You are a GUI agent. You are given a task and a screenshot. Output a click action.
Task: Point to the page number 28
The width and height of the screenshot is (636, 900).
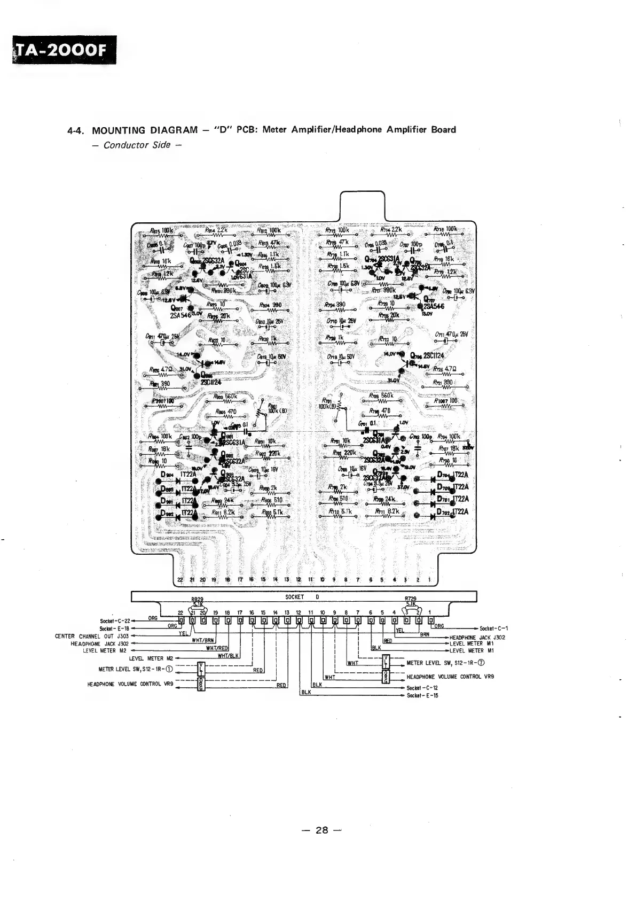tap(321, 830)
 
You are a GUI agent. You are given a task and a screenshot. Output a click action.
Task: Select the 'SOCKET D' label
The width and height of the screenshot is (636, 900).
tap(303, 597)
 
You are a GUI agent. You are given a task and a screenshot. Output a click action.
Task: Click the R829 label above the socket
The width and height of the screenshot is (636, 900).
tap(198, 600)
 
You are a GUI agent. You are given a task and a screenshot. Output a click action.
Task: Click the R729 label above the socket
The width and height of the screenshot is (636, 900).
tap(412, 600)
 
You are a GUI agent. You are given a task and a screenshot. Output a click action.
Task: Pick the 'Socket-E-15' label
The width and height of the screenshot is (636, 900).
tap(422, 695)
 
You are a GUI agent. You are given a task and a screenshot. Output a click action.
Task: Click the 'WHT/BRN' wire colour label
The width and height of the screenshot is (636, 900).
tap(203, 640)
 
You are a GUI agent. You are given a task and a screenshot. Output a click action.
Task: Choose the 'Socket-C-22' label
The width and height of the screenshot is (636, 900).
tap(115, 621)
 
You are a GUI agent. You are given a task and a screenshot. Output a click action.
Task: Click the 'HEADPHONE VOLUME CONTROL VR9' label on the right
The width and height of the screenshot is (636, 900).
tap(449, 677)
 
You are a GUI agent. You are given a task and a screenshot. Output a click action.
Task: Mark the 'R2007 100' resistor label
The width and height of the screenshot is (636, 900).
tap(163, 401)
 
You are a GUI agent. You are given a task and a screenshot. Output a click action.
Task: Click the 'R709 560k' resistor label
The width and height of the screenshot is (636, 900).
tap(381, 396)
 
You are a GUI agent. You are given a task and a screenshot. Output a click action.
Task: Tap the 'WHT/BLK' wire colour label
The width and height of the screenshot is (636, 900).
tap(228, 656)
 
